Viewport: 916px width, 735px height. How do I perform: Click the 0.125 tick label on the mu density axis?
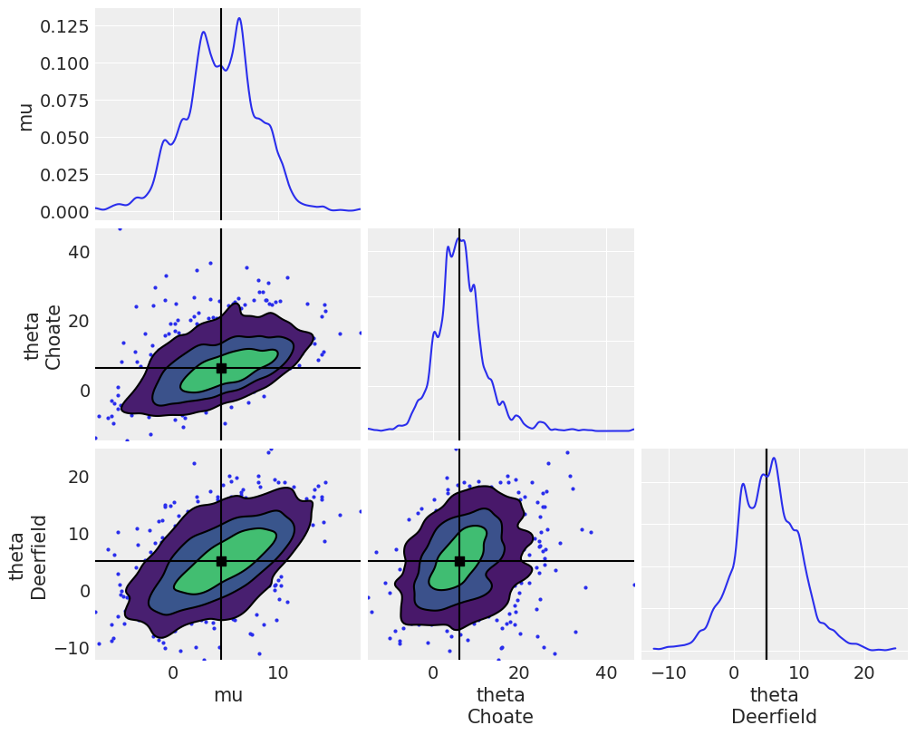pyautogui.click(x=63, y=25)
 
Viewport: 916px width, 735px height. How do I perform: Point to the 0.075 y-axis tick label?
pyautogui.click(x=63, y=100)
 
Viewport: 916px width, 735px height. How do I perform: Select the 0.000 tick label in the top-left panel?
pyautogui.click(x=63, y=211)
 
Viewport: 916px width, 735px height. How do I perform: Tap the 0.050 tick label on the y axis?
pyautogui.click(x=63, y=137)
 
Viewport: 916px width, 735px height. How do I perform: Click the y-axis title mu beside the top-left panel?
pyautogui.click(x=25, y=116)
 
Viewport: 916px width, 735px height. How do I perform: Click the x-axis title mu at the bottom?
pyautogui.click(x=227, y=695)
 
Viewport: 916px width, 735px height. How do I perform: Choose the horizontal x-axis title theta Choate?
pyautogui.click(x=500, y=706)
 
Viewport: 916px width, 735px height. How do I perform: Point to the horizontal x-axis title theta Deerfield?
pyautogui.click(x=774, y=706)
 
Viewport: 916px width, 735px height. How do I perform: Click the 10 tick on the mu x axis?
pyautogui.click(x=278, y=673)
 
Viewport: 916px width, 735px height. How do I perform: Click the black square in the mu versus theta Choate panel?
pyautogui.click(x=221, y=368)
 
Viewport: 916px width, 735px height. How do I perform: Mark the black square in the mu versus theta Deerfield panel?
pyautogui.click(x=221, y=561)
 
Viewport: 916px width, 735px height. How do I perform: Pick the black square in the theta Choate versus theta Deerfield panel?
pyautogui.click(x=459, y=561)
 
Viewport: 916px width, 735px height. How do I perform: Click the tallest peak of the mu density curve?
pyautogui.click(x=239, y=18)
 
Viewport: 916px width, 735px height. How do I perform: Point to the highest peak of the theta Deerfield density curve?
pyautogui.click(x=773, y=458)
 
